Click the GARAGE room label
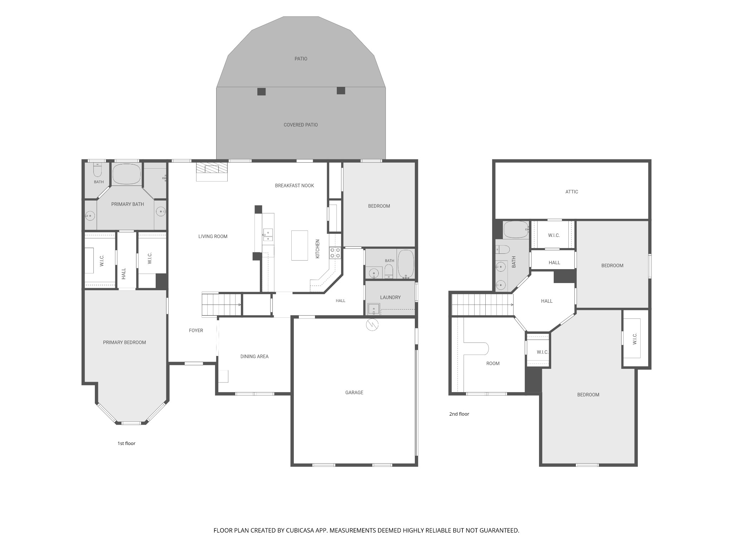[x=354, y=392]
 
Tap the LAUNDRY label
[x=390, y=297]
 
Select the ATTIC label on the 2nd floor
[x=572, y=192]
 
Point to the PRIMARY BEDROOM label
[x=125, y=342]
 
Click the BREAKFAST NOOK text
[x=294, y=186]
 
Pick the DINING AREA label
[x=254, y=356]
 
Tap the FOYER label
[x=196, y=331]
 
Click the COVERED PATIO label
[x=301, y=125]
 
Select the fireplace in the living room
[x=212, y=172]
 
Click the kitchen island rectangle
[x=300, y=245]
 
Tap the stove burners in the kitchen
[x=335, y=253]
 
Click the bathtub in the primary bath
[x=127, y=174]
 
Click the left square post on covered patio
[x=262, y=91]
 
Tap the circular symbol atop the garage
[x=372, y=325]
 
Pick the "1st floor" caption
[x=126, y=444]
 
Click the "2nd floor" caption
[x=459, y=414]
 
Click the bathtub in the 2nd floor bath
[x=516, y=229]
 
